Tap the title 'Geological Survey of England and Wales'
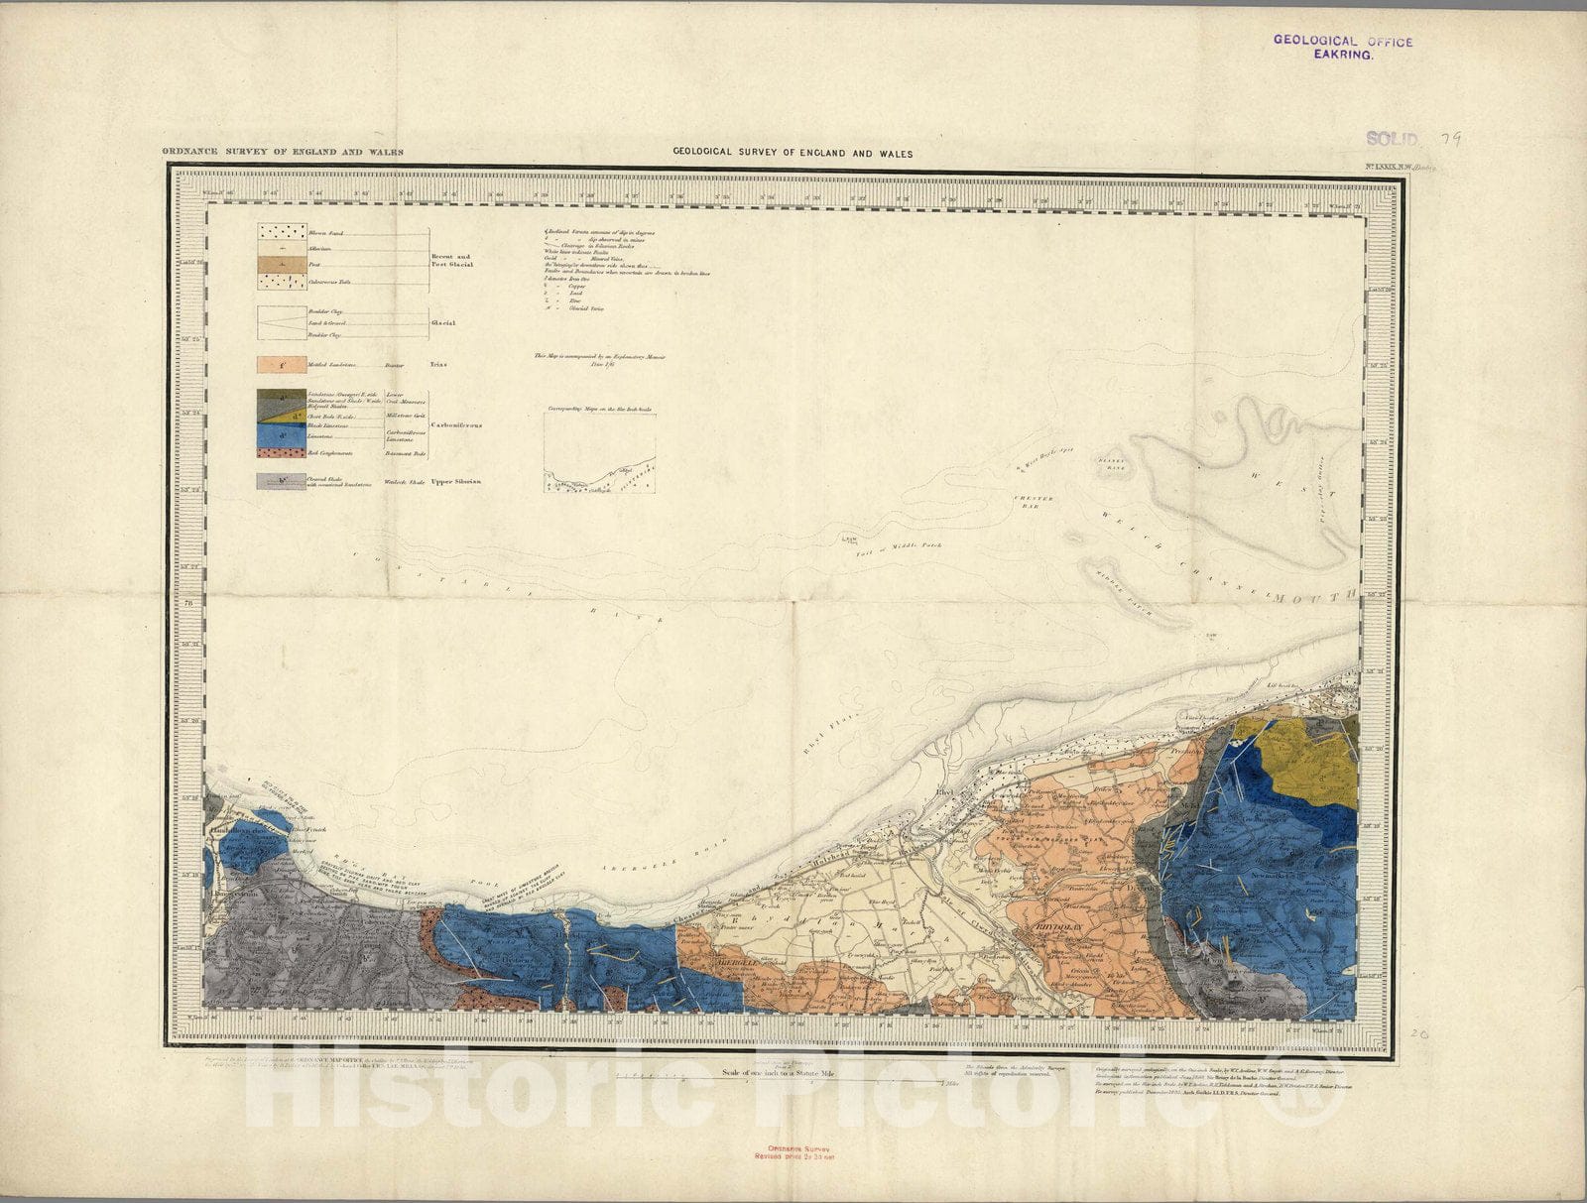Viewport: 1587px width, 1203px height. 793,154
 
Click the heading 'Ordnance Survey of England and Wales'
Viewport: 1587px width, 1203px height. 283,153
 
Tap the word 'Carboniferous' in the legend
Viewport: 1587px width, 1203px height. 456,423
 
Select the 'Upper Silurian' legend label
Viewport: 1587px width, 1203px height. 456,482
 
